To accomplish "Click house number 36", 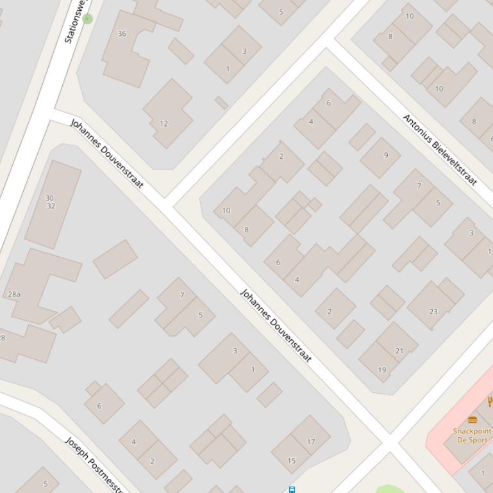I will pos(122,33).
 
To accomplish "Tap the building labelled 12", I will pos(163,124).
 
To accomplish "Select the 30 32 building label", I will pos(50,202).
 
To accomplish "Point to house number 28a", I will pos(14,295).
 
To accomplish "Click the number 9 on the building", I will pos(385,155).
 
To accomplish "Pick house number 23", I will pos(433,312).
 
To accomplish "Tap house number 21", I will pos(399,351).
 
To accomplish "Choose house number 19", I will pos(382,370).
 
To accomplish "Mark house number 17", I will pos(311,441).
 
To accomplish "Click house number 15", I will pos(291,460).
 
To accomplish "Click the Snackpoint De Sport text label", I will pos(472,435).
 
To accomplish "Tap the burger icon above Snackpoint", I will pos(472,420).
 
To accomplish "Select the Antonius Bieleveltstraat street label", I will pos(440,150).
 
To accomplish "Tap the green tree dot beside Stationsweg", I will pos(88,19).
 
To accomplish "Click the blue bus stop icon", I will pos(292,490).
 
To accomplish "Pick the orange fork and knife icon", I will pos(490,401).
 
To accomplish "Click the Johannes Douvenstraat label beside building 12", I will pos(106,153).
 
